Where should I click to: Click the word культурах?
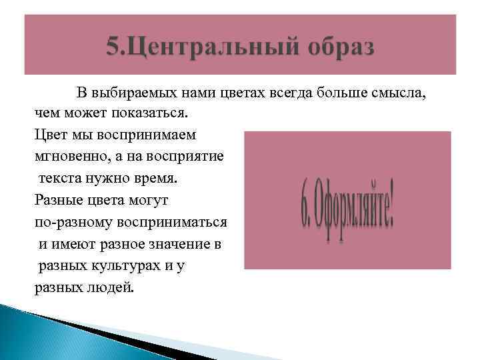tap(129, 266)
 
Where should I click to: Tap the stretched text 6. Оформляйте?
tap(347, 200)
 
